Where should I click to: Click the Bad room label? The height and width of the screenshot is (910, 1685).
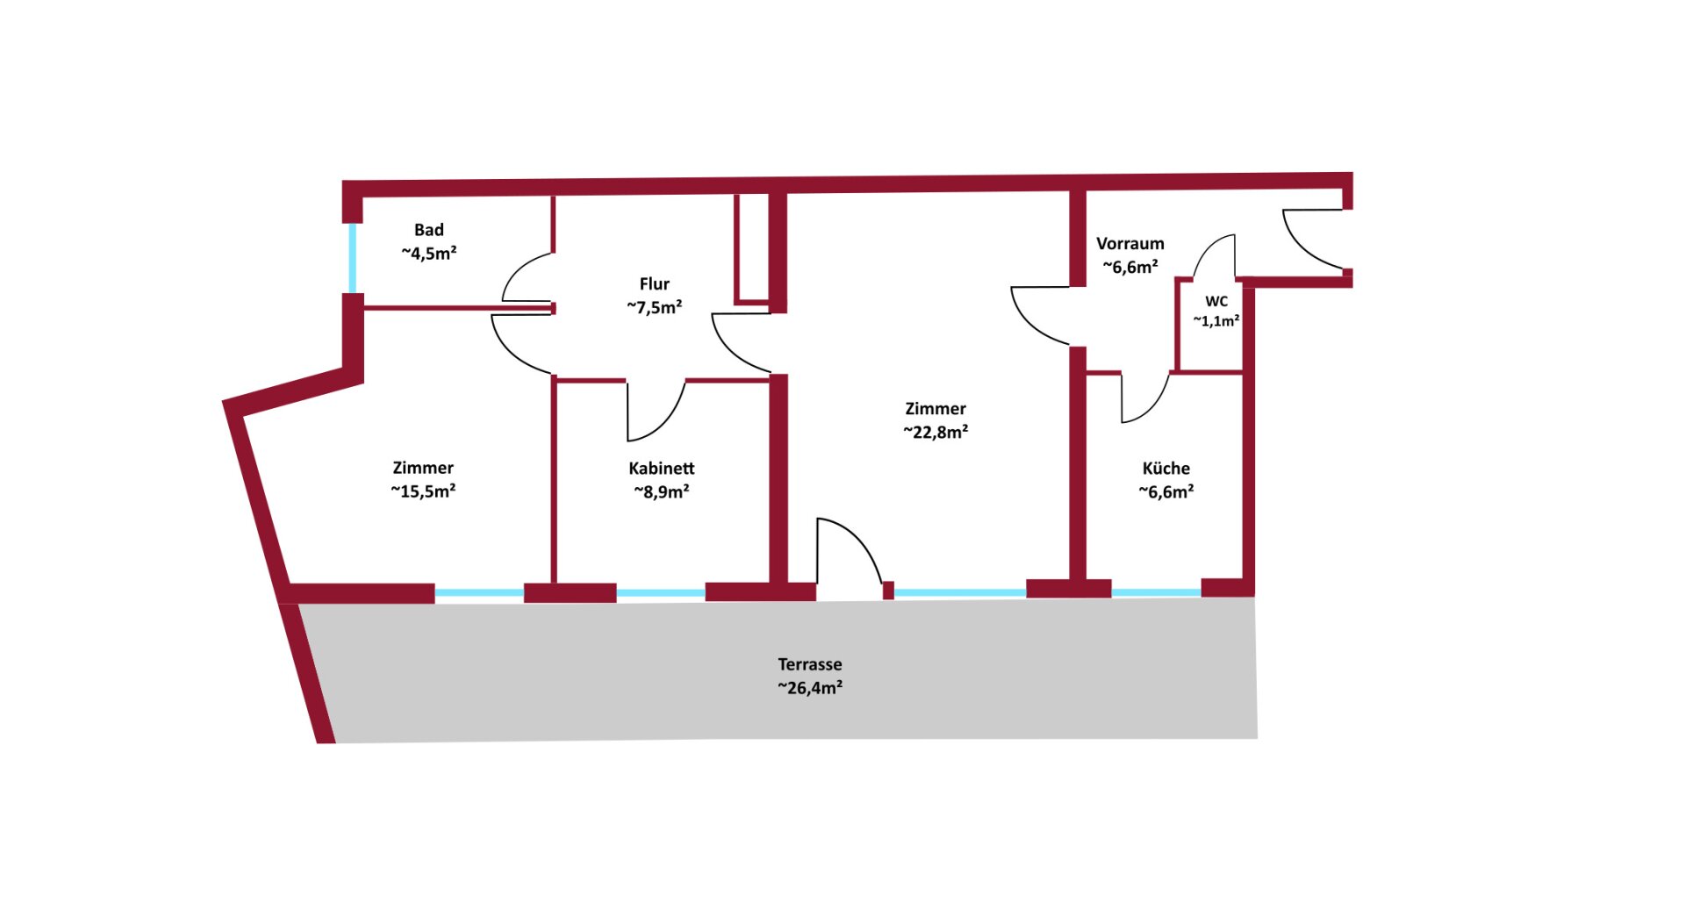428,230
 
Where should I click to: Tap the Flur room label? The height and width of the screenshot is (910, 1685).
654,284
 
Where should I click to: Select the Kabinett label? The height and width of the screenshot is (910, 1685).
661,469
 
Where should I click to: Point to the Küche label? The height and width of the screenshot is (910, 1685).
1165,469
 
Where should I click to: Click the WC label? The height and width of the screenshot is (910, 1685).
1215,301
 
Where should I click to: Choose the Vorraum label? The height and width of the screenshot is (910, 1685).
1129,244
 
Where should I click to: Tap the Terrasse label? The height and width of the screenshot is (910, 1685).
809,664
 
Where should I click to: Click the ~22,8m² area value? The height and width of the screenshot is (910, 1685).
936,432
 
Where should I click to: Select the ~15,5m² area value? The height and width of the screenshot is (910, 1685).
423,491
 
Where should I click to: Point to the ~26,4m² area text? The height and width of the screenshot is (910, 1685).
809,688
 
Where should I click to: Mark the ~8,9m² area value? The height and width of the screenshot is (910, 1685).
661,492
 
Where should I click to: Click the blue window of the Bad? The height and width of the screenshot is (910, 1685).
353,258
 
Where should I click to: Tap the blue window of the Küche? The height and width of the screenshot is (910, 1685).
1156,592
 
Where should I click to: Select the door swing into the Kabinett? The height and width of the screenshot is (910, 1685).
654,412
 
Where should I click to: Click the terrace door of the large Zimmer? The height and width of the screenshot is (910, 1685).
847,553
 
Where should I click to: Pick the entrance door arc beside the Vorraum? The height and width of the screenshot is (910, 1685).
1309,239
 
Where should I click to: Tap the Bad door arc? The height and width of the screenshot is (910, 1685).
527,277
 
